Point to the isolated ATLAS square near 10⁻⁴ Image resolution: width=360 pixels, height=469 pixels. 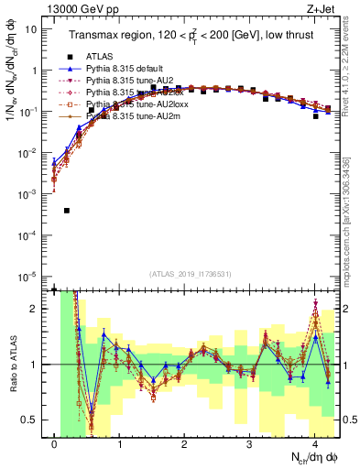67,211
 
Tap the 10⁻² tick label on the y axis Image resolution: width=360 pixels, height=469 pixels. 29,153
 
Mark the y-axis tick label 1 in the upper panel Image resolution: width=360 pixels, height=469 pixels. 34,71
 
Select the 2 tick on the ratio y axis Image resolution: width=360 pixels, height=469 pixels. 34,309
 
